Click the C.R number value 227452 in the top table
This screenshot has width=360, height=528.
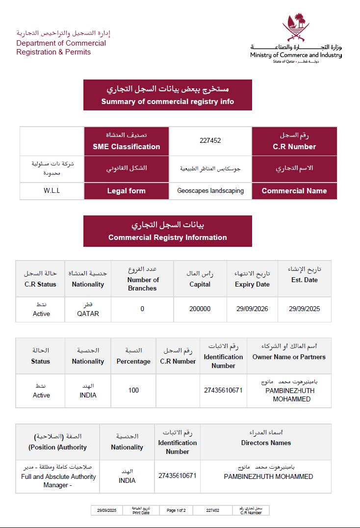pos(210,140)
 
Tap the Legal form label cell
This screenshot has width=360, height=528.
pos(127,191)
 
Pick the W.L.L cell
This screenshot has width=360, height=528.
pos(51,190)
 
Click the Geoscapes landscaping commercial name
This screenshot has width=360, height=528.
pos(210,190)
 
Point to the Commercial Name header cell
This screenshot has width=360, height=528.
pos(294,191)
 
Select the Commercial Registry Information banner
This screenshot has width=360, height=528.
pos(168,231)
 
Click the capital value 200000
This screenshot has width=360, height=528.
pos(200,309)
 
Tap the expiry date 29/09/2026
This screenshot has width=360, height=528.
pos(252,309)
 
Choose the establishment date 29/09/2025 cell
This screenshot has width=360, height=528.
pos(304,309)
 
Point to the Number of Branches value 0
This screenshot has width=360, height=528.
pos(142,309)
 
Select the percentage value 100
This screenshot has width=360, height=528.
pos(133,391)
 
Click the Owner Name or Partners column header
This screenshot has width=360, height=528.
pos(289,357)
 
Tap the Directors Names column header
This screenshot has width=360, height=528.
pos(266,443)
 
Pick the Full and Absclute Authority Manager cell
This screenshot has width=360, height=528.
pos(58,476)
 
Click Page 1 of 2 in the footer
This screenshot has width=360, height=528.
pos(176,510)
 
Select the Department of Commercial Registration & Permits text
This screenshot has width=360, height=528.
pos(61,47)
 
